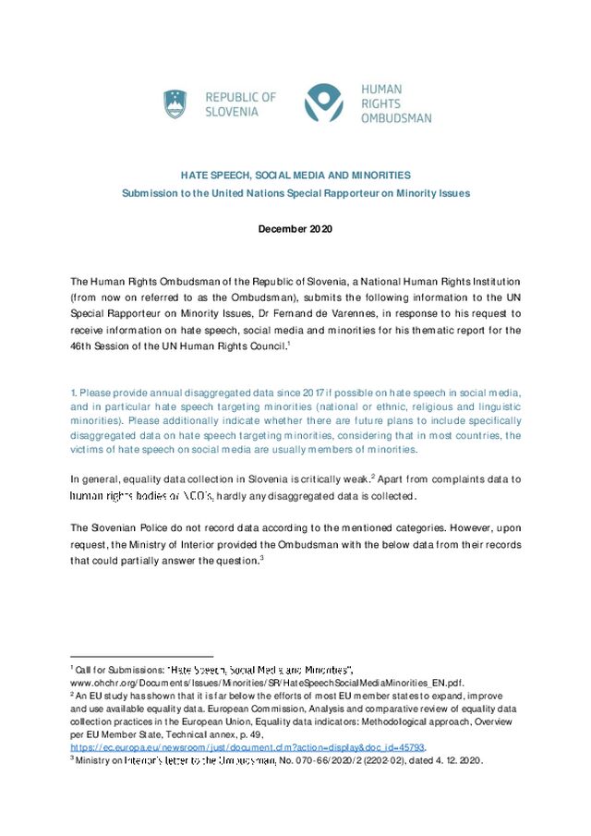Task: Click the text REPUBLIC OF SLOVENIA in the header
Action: (x=239, y=103)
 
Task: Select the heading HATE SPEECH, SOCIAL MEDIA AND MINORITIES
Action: (x=295, y=175)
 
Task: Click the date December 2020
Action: (x=295, y=228)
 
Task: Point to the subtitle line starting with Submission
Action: (x=295, y=193)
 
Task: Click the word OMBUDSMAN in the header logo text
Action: (x=396, y=117)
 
